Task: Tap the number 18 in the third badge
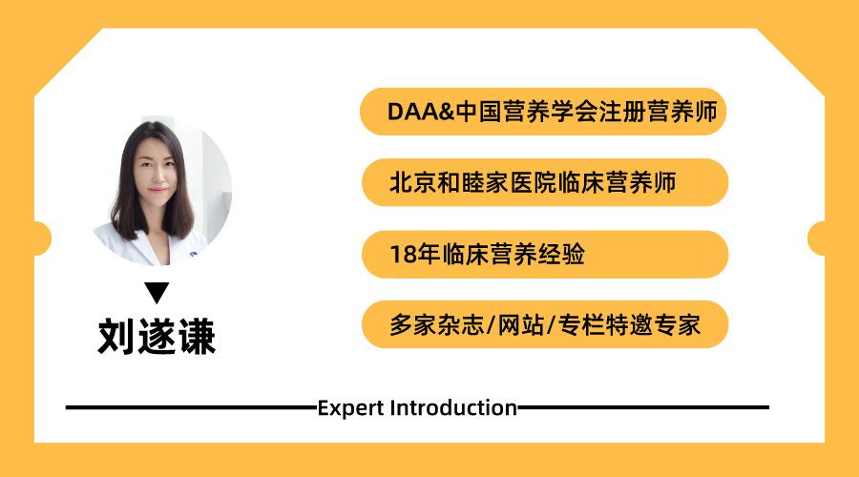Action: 400,255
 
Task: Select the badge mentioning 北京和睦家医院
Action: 544,182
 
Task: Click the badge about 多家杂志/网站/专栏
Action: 544,325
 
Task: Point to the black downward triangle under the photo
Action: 157,292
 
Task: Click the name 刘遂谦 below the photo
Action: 157,337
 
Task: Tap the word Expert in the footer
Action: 350,408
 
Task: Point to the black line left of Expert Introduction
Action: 191,407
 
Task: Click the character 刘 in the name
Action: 116,337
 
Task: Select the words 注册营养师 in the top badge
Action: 659,111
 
